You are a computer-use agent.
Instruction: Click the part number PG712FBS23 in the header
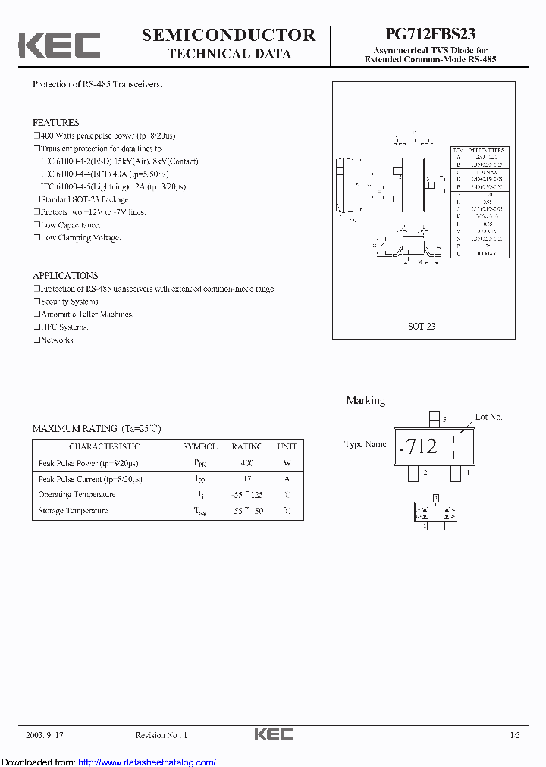coord(430,35)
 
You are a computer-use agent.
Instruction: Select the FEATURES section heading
coord(55,122)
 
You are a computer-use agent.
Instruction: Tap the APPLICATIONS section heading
coord(65,275)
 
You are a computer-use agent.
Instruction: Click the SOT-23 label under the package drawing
coord(421,326)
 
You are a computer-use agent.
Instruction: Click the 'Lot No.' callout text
coord(488,417)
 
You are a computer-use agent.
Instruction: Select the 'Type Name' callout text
coord(365,445)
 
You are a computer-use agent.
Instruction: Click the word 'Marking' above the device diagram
coord(366,400)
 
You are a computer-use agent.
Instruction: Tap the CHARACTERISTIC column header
coord(104,446)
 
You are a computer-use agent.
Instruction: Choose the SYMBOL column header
coord(199,446)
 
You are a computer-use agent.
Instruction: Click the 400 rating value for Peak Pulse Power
coord(246,462)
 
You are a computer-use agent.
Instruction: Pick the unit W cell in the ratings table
coord(287,462)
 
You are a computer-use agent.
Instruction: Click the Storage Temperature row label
coord(73,511)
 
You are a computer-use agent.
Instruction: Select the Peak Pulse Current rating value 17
coord(246,479)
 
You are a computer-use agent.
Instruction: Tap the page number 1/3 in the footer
coord(514,735)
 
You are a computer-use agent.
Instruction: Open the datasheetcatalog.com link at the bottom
coord(146,762)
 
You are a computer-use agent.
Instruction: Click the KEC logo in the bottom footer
coord(273,734)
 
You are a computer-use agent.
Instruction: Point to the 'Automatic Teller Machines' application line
coord(86,314)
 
